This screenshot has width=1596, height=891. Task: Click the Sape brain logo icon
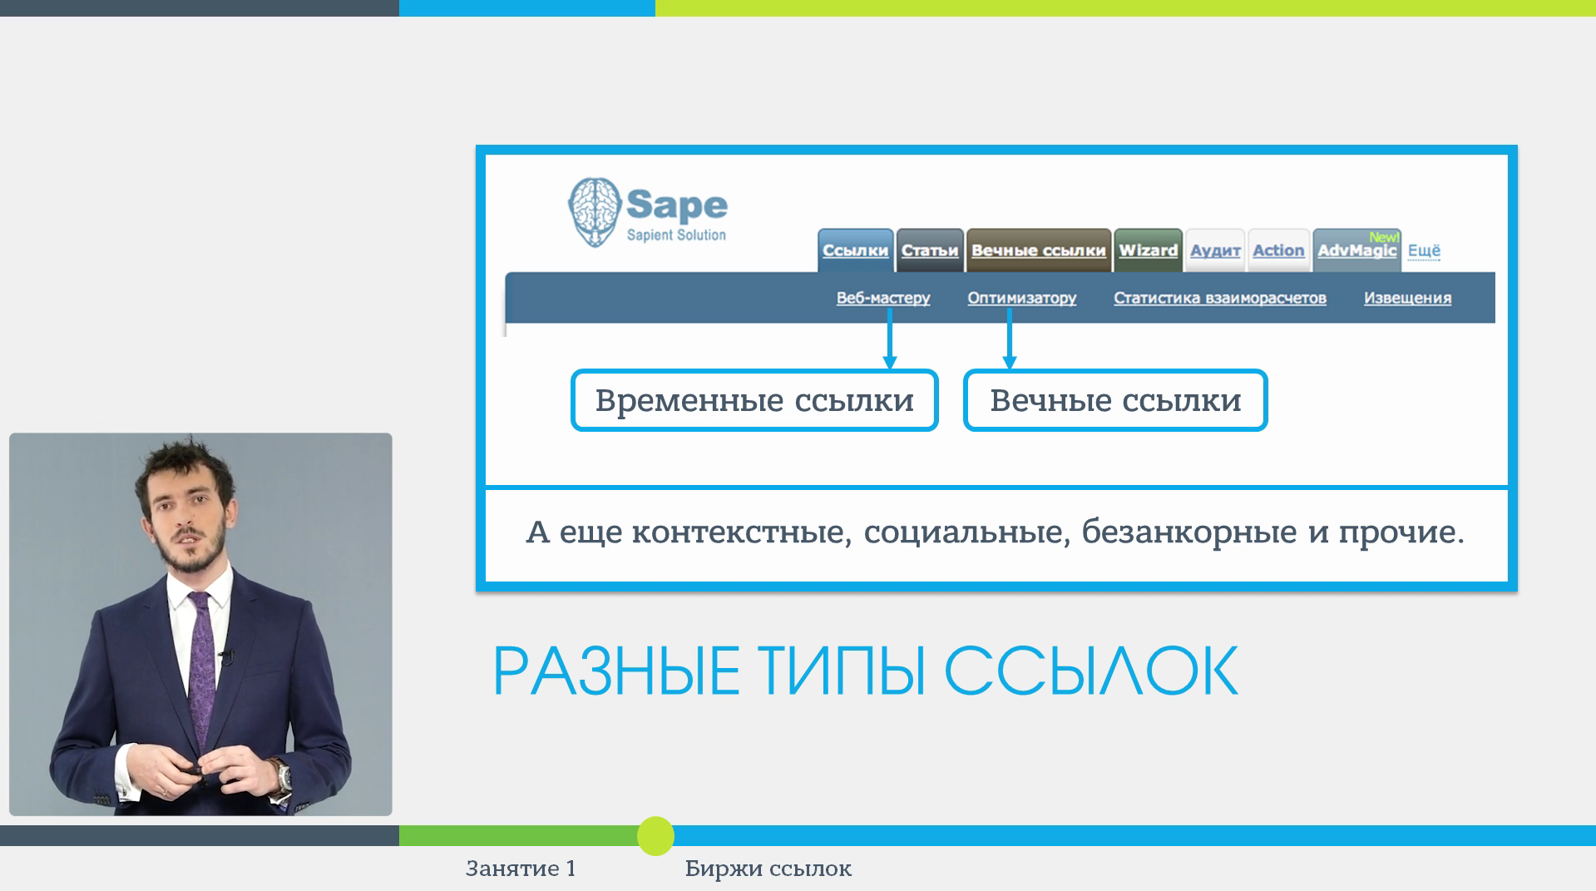click(x=595, y=211)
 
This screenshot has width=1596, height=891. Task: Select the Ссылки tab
click(x=855, y=250)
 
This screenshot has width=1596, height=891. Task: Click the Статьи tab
click(x=930, y=250)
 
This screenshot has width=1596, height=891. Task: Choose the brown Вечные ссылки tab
click(x=1038, y=250)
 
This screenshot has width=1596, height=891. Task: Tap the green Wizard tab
click(x=1148, y=250)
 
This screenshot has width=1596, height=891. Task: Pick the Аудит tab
click(x=1215, y=250)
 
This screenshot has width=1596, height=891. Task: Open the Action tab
click(x=1278, y=250)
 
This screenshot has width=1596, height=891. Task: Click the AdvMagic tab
click(x=1356, y=250)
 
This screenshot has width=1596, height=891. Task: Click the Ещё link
click(x=1424, y=250)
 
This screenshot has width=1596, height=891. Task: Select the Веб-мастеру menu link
click(x=882, y=298)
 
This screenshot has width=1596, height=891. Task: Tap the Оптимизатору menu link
click(x=1021, y=298)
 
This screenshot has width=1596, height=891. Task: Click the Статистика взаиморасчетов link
click(x=1219, y=298)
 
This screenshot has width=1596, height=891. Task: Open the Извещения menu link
click(x=1407, y=298)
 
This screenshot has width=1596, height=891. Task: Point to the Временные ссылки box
click(x=754, y=400)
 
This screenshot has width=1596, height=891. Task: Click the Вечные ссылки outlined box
click(x=1114, y=400)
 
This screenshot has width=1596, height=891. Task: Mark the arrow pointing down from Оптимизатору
click(x=1010, y=341)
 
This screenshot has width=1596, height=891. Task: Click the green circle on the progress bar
click(x=655, y=836)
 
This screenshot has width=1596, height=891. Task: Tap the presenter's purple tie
click(x=201, y=666)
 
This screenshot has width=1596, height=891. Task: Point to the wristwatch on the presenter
click(x=284, y=775)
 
